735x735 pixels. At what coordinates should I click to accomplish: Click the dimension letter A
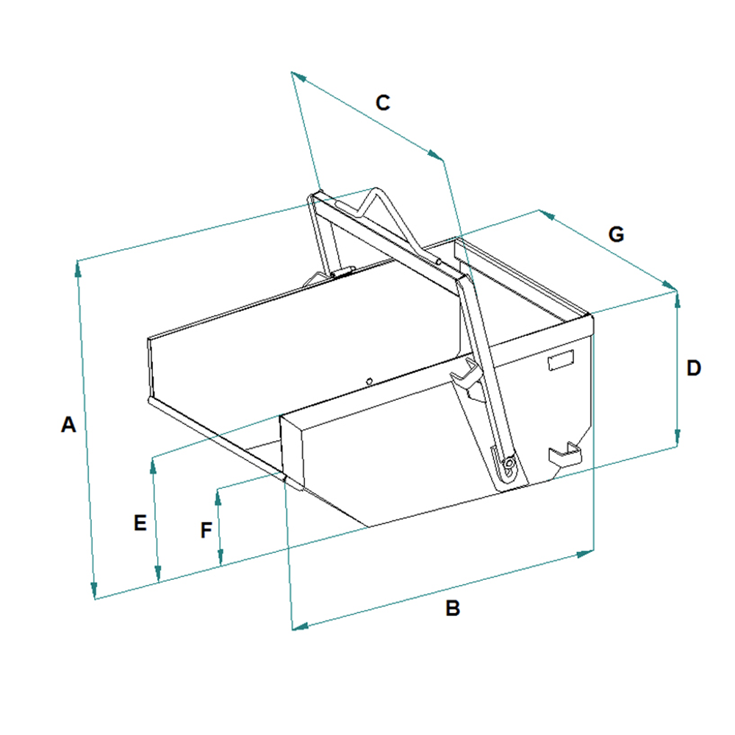coord(68,425)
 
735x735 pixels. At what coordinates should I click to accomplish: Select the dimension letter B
coord(452,608)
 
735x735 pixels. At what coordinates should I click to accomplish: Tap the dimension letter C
coord(382,103)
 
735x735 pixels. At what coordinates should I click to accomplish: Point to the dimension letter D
coord(694,368)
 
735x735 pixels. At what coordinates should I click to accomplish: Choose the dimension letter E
coord(140,523)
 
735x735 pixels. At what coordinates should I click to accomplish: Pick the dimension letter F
coord(207,531)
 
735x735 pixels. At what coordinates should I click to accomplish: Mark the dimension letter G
coord(616,234)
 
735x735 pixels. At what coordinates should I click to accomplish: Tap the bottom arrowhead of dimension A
coord(94,590)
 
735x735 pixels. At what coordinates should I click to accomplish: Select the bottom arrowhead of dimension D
coord(677,438)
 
